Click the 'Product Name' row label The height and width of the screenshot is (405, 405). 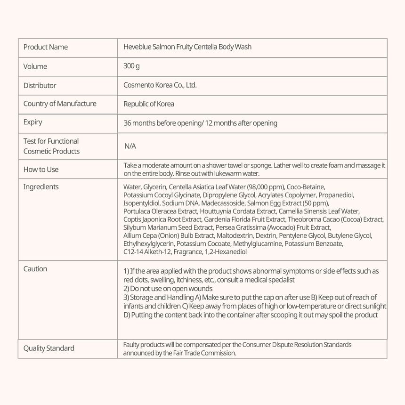[45, 47]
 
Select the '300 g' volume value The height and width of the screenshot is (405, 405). [131, 66]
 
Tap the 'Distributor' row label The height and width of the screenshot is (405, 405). [40, 85]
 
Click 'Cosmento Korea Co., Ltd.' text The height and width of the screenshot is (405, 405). [160, 85]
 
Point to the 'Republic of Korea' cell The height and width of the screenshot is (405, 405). [148, 104]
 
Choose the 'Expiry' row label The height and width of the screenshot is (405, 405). [32, 122]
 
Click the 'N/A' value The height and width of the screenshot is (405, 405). [130, 146]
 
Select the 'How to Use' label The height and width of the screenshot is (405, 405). [41, 170]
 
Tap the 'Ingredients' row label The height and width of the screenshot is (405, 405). [41, 187]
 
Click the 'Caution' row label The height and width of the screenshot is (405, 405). [35, 269]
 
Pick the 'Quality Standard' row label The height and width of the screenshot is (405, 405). [49, 348]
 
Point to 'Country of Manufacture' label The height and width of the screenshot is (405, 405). [60, 104]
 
